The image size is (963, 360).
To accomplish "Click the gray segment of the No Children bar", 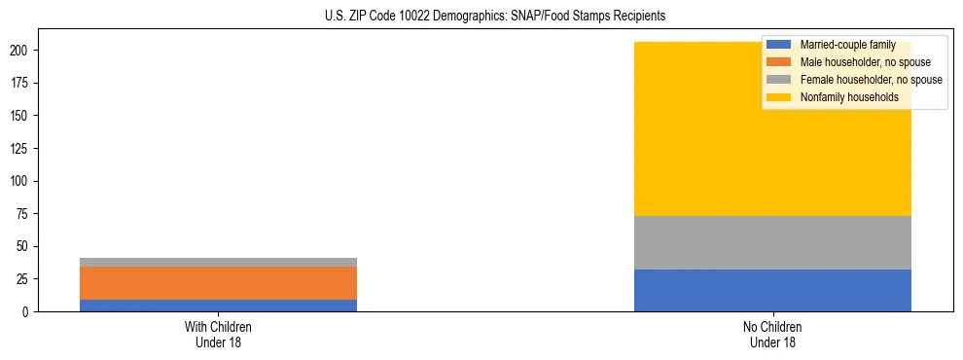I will (x=772, y=242).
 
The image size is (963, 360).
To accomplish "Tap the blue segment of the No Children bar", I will (x=772, y=290).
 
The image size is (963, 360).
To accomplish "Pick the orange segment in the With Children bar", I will (x=218, y=283).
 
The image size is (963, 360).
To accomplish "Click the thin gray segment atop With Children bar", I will (x=218, y=262).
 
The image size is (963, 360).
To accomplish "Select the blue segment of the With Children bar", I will (x=218, y=306).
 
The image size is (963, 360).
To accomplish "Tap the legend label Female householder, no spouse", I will (x=871, y=80).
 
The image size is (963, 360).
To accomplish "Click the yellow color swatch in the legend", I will (x=779, y=97).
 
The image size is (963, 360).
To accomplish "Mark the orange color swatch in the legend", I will (x=779, y=62).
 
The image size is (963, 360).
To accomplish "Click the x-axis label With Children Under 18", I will (x=218, y=334).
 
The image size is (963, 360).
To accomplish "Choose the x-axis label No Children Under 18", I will (x=772, y=334).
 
